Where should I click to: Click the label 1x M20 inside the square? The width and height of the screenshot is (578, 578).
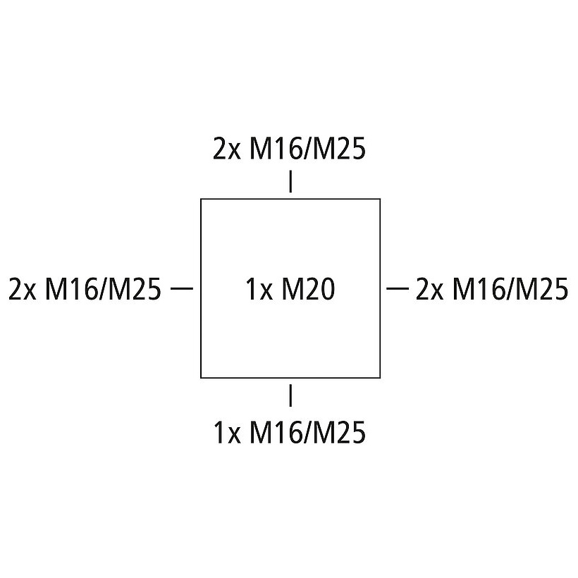pos(290,289)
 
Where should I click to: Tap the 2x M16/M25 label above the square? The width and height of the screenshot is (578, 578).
pos(290,149)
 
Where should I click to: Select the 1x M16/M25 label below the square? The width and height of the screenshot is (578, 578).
pos(290,431)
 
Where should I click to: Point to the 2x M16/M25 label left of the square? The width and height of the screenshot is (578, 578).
pos(85,289)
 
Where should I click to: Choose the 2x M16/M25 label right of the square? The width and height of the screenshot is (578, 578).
pos(492,289)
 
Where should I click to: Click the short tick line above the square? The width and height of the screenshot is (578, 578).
pos(290,181)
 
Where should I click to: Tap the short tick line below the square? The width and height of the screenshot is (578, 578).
pos(290,395)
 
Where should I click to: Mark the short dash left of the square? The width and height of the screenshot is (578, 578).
pos(182,288)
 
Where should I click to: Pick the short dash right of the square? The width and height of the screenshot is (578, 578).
pos(398,288)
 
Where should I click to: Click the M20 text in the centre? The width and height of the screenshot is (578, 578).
pos(309,289)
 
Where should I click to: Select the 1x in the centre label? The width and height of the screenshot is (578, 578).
pos(259,289)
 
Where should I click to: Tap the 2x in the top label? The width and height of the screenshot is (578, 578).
pos(227,149)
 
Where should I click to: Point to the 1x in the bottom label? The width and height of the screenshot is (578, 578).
pos(227,431)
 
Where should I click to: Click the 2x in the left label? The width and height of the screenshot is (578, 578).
pos(22,289)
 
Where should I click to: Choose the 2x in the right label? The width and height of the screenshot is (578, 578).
pos(429,289)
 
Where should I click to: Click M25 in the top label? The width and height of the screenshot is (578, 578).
pos(338,149)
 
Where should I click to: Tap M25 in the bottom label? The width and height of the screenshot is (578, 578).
pos(338,431)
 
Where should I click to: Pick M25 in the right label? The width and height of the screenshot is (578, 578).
pos(541,289)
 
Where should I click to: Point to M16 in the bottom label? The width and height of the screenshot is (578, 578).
pos(276,431)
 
